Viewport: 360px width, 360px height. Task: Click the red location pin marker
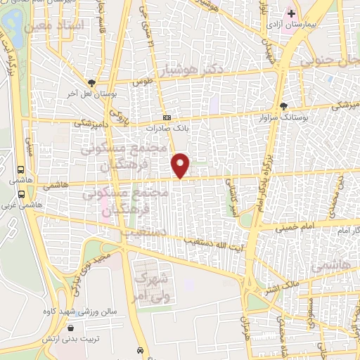click(x=181, y=165)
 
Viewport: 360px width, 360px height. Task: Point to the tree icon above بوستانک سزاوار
click(x=283, y=105)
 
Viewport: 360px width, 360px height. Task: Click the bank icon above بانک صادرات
click(x=166, y=117)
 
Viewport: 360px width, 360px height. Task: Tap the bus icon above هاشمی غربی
click(x=20, y=169)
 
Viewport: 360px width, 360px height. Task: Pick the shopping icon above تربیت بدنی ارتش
click(x=70, y=328)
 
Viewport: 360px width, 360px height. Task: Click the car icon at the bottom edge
click(x=141, y=350)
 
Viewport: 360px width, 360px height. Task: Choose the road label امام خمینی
click(x=290, y=227)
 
